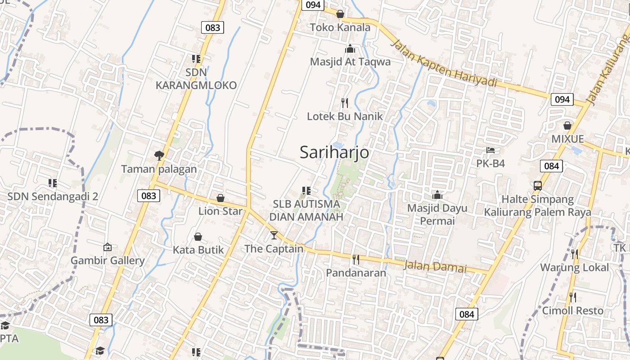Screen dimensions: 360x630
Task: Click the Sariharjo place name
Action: (334, 152)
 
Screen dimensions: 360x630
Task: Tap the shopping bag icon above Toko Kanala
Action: (340, 14)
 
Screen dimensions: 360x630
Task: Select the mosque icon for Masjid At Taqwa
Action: (350, 49)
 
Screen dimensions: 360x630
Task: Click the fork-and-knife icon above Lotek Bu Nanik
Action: (345, 103)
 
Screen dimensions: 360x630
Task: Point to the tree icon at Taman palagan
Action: (159, 156)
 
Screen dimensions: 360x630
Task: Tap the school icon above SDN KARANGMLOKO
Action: (196, 59)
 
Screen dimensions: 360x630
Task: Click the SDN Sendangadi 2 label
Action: (53, 197)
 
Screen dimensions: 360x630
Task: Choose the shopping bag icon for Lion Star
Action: (220, 198)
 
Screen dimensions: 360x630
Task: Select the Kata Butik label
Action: (198, 250)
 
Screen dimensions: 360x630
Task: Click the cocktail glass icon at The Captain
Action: (274, 235)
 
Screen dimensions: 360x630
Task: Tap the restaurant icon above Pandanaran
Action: (356, 260)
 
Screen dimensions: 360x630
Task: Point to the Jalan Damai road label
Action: (435, 266)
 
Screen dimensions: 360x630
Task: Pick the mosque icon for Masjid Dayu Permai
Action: (437, 195)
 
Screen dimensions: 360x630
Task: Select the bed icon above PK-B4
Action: (490, 150)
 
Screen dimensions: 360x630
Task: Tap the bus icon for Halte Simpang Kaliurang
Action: (537, 185)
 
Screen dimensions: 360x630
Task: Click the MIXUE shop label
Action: (567, 139)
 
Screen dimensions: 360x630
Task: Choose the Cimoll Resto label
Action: (572, 310)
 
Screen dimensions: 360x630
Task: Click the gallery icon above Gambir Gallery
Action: (107, 247)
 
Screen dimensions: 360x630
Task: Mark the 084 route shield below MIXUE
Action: (551, 166)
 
